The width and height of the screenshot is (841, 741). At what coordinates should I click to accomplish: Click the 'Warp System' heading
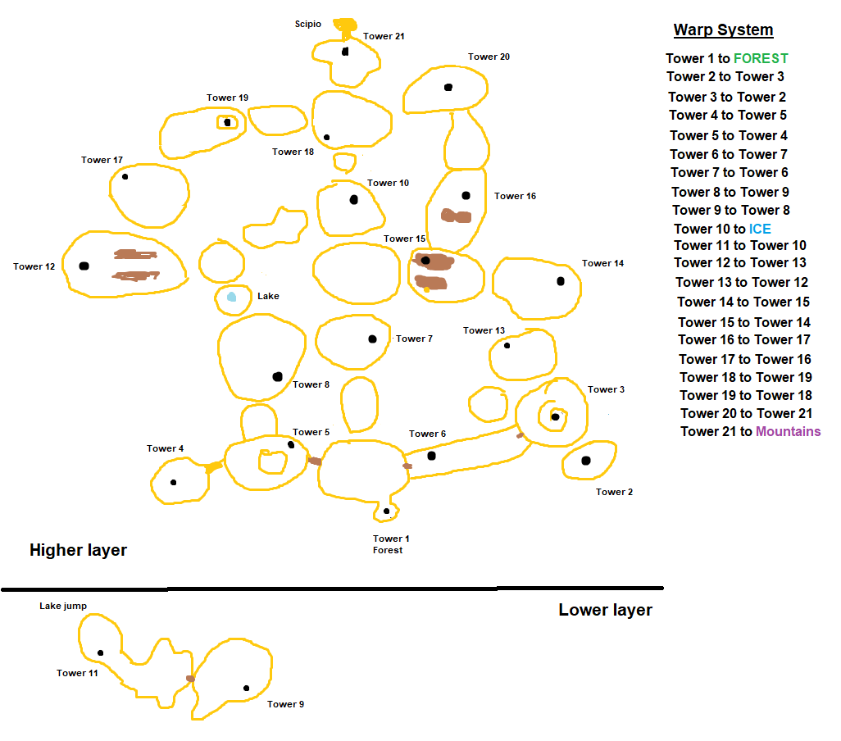[x=723, y=30]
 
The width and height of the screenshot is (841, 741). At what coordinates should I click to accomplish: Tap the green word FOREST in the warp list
[x=761, y=58]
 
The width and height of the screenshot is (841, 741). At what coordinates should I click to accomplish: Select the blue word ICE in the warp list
[x=760, y=229]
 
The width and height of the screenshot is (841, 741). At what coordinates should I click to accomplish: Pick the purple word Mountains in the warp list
[x=788, y=431]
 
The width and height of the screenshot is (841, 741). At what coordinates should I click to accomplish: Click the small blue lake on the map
[x=232, y=297]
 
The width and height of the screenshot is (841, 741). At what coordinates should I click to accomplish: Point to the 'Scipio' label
[x=308, y=24]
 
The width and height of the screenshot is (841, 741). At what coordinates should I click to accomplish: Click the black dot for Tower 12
[x=84, y=266]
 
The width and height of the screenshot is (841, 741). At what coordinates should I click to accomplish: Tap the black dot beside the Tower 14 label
[x=561, y=281]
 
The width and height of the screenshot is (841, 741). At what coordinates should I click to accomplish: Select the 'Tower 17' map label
[x=102, y=160]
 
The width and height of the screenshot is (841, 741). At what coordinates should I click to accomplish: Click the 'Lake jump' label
[x=63, y=607]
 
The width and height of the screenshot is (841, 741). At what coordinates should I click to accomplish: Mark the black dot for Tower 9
[x=246, y=688]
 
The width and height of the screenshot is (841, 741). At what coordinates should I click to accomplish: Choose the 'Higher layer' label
[x=78, y=550]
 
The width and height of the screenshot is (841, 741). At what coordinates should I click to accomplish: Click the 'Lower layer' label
[x=605, y=610]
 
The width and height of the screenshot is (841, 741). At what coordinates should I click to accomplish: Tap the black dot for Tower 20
[x=448, y=87]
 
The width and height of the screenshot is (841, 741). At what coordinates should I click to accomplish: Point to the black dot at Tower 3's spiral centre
[x=555, y=416]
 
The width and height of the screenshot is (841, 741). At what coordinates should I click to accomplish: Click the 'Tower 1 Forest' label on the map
[x=390, y=544]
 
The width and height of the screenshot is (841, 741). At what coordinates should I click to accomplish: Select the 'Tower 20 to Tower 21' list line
[x=746, y=413]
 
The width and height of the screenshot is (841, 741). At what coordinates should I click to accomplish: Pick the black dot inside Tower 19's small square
[x=227, y=122]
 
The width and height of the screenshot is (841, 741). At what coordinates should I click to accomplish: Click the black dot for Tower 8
[x=277, y=376]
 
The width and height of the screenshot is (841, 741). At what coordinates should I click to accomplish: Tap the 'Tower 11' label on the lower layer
[x=77, y=673]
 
